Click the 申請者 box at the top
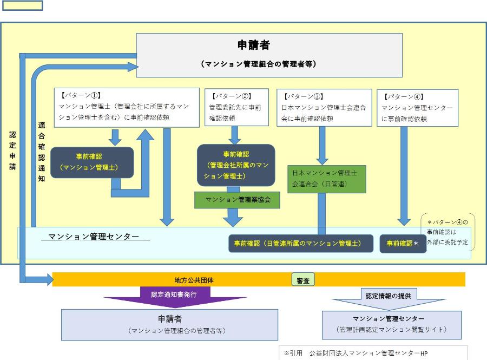[269, 55]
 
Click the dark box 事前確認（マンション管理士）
[92, 162]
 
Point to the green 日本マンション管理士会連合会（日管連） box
[326, 178]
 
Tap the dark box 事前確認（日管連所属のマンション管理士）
[301, 244]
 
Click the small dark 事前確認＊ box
[403, 244]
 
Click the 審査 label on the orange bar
[303, 280]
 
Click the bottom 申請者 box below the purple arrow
[169, 324]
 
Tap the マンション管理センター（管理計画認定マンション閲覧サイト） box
[391, 324]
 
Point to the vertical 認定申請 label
[12, 151]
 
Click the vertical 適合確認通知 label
[42, 151]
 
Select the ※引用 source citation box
[373, 353]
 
